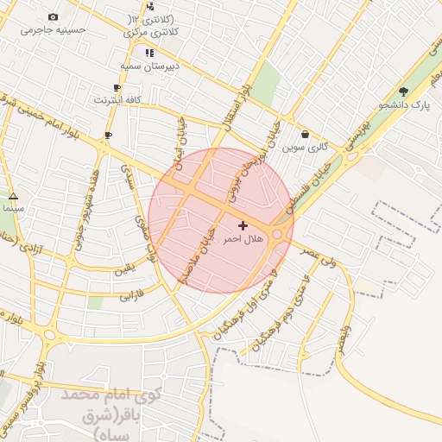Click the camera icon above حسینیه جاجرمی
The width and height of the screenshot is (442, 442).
54,17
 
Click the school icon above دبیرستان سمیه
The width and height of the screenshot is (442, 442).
150,53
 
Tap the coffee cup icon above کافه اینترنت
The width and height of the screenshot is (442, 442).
117,87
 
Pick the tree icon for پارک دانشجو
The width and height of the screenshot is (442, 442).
403,92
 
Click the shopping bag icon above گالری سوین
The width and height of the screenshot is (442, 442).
306,135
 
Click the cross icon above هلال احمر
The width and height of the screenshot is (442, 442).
242,224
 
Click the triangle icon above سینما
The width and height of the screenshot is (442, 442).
12,196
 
